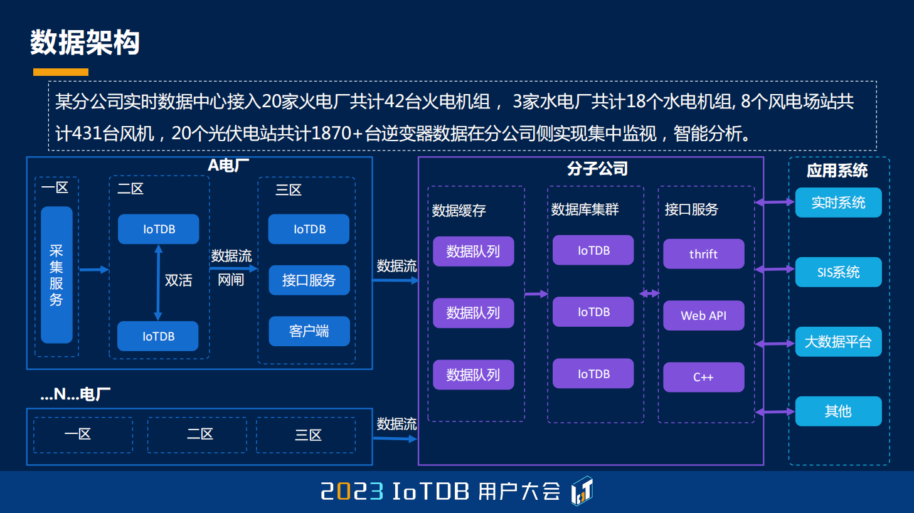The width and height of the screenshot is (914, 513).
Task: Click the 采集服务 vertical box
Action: coord(56,275)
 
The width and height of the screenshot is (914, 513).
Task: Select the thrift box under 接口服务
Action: coord(703,254)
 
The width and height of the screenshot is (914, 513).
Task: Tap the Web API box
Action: coord(703,315)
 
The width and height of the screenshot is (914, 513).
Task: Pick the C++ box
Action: coord(703,377)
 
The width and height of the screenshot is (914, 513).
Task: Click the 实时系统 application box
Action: coord(838,203)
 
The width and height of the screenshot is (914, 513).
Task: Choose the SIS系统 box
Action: coord(838,272)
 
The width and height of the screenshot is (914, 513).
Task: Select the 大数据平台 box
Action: coord(838,342)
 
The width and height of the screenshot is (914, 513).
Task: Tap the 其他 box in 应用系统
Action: coord(838,411)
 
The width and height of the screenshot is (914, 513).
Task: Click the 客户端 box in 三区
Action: coord(309,331)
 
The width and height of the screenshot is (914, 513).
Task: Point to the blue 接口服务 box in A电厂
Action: coord(309,280)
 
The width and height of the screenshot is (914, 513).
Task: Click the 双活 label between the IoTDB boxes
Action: coord(179,280)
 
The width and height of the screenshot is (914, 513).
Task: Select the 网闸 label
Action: coord(231,280)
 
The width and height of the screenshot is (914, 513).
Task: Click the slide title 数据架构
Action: coord(85,42)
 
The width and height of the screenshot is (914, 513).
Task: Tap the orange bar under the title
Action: coord(60,72)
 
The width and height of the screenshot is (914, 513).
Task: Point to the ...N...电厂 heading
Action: coord(75,394)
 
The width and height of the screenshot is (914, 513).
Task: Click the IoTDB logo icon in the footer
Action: coord(582,490)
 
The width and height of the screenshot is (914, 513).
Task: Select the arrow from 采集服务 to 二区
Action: coord(94,270)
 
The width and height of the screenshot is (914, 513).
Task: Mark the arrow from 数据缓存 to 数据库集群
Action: coord(536,294)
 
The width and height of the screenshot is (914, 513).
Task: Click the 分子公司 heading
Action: coord(597,169)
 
